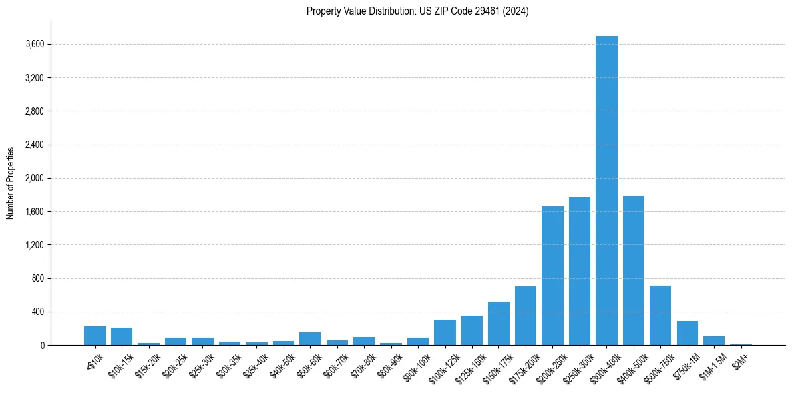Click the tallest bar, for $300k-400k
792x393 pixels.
coord(606,191)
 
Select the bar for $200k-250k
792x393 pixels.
coord(552,276)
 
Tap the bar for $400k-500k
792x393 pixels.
coord(634,270)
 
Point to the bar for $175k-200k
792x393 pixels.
coord(526,316)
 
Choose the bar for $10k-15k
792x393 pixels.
coord(122,336)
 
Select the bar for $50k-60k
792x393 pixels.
coord(310,338)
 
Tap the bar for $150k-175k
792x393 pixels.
coord(498,323)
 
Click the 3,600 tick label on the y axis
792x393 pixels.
coord(34,45)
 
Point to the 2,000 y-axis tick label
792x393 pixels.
coord(34,179)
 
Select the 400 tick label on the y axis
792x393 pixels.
coord(37,312)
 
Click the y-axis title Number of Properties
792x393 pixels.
coord(11,183)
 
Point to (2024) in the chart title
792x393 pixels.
coord(516,11)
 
